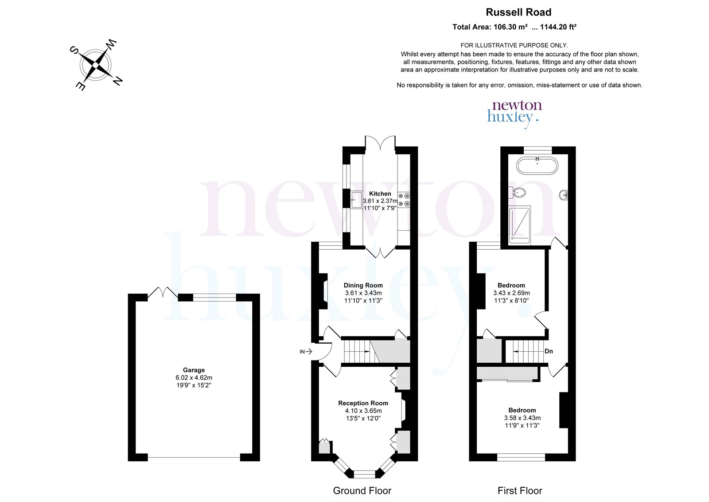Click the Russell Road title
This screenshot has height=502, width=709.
point(518,12)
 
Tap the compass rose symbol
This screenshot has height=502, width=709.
point(96,65)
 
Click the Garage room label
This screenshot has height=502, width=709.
point(194,369)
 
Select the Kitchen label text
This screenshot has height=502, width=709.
point(380,193)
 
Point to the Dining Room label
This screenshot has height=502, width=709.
point(363,285)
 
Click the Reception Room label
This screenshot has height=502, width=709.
point(363,403)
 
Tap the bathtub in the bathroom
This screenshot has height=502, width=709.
point(537,165)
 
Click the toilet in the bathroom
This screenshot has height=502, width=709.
point(517,192)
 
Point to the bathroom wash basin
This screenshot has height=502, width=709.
point(564,195)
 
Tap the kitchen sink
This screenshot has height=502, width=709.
point(356,200)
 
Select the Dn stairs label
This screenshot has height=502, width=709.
point(549,351)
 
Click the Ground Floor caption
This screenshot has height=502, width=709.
point(362,490)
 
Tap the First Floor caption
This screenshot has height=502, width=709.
point(520,490)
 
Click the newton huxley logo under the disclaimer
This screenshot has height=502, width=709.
point(514,114)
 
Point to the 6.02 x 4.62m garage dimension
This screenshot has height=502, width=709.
point(194,377)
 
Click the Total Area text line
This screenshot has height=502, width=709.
point(514,27)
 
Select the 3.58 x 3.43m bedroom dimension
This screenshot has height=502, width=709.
point(522,418)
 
